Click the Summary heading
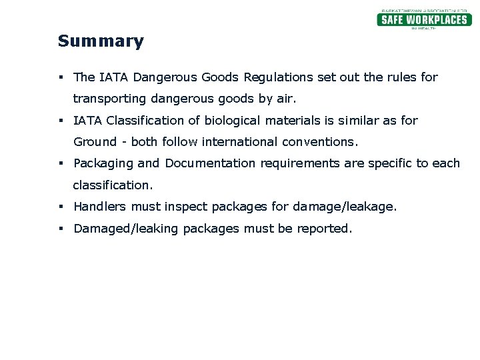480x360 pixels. pyautogui.click(x=101, y=41)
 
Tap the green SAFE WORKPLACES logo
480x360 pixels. pyautogui.click(x=424, y=19)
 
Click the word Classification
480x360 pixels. pyautogui.click(x=147, y=121)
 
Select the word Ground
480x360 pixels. pyautogui.click(x=93, y=142)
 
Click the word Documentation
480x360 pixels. pyautogui.click(x=210, y=163)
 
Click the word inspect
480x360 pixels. pyautogui.click(x=185, y=207)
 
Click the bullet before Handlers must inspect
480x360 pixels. pyautogui.click(x=61, y=207)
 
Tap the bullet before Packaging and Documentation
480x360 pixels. pyautogui.click(x=61, y=164)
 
